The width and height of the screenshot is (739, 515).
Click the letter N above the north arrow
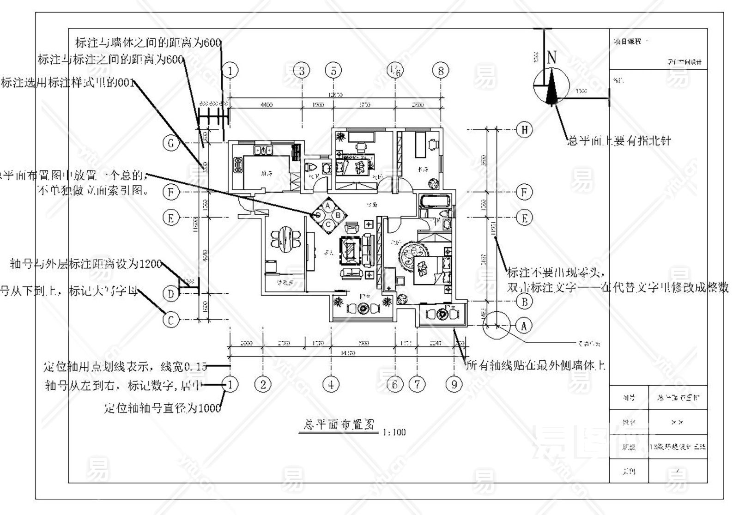pos(551,58)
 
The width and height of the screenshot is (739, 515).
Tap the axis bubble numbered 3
pos(302,71)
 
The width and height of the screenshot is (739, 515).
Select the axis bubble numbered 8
pos(441,71)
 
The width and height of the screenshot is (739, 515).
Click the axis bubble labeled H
pos(524,130)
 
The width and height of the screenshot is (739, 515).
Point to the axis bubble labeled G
pos(171,143)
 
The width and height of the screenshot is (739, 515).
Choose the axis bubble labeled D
pos(171,293)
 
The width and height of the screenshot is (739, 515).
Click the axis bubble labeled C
pos(171,320)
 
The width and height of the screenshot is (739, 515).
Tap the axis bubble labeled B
pos(524,302)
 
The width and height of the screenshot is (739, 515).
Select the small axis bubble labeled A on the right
pos(524,326)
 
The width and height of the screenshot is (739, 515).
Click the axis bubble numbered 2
pos(263,384)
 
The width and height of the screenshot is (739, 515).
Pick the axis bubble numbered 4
pos(331,384)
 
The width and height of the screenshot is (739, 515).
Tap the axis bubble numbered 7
pos(418,384)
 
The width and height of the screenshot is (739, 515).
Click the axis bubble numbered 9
pos(454,384)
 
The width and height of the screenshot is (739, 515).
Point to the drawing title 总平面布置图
pos(336,424)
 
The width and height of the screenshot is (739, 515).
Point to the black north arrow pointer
pos(551,88)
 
